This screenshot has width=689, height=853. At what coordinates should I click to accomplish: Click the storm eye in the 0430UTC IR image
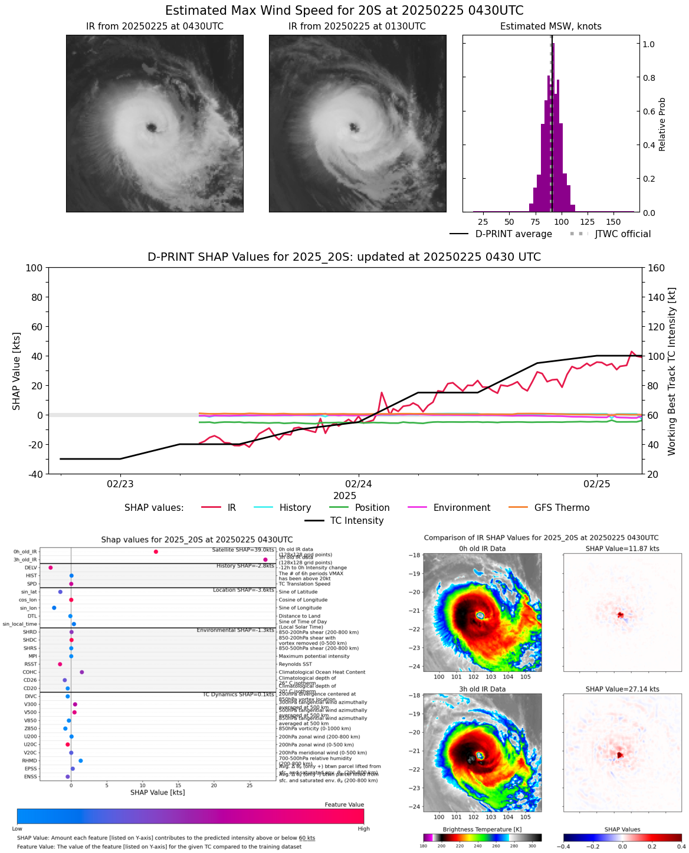click(152, 127)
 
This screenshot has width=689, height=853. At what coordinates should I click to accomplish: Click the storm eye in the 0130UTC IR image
click(354, 127)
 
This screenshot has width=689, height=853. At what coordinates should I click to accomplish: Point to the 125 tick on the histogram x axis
click(588, 222)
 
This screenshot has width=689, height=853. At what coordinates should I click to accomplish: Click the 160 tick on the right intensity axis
click(657, 268)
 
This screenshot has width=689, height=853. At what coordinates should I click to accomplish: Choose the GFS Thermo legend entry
click(562, 508)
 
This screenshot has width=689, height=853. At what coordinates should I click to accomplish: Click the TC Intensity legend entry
click(356, 521)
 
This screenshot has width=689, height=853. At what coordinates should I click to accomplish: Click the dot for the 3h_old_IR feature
click(265, 559)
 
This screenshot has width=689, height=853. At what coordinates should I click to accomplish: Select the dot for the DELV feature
click(51, 567)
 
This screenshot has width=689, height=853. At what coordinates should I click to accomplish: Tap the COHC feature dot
click(82, 672)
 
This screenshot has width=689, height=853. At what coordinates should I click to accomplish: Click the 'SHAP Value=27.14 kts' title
click(622, 689)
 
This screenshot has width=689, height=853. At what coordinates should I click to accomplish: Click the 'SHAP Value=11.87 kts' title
click(622, 549)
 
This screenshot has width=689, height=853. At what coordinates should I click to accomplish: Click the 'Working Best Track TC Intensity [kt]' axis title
click(672, 371)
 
